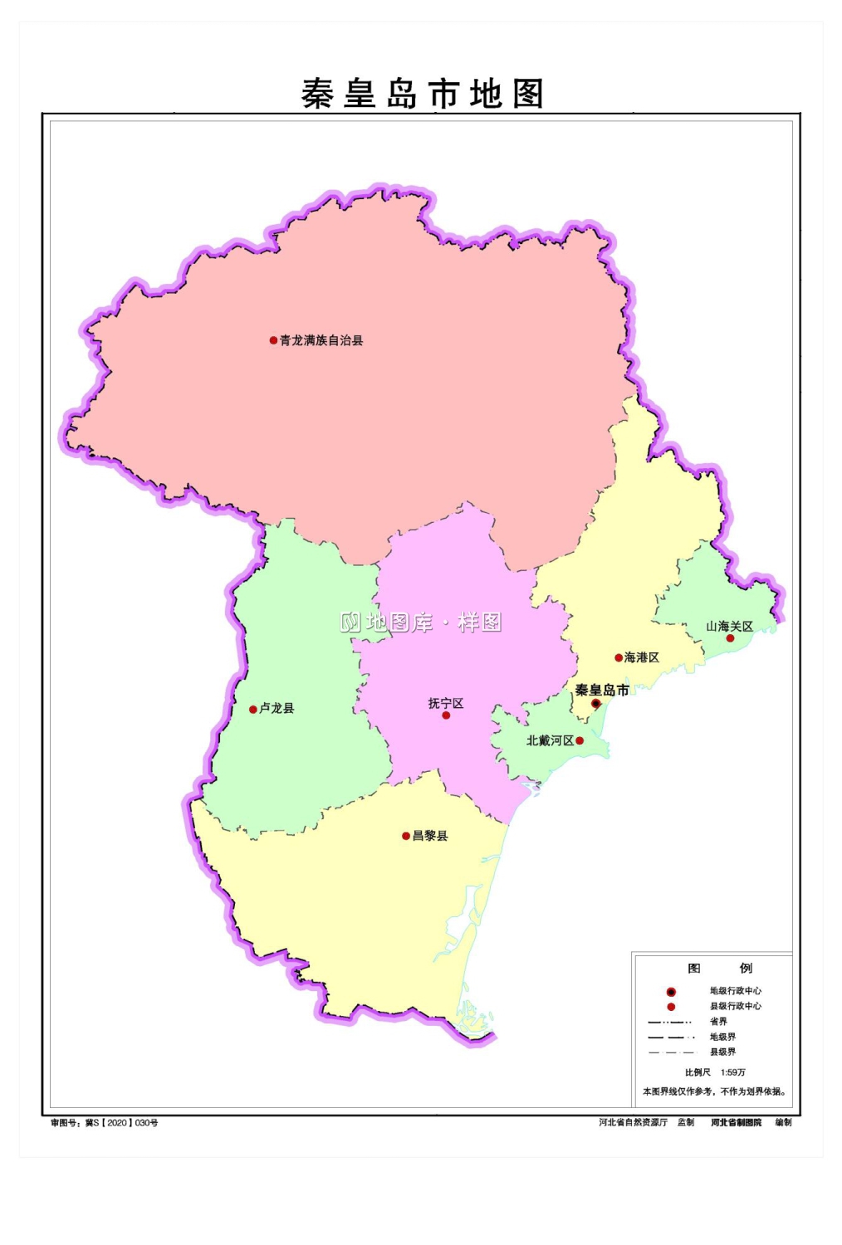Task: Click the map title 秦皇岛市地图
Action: coord(422,94)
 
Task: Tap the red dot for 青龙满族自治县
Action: coord(273,340)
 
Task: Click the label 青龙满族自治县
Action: coord(321,340)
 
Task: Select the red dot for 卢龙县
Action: coord(253,710)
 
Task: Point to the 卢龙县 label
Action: coord(277,708)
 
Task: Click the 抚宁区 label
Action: coord(446,703)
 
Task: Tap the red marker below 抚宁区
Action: coord(446,715)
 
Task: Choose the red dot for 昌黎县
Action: coord(406,837)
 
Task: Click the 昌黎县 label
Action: coord(430,836)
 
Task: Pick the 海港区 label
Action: coord(642,657)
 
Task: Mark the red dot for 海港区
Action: coord(619,658)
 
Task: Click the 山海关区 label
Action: coord(729,627)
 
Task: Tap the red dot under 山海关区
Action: coord(731,638)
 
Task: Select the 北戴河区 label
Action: coord(550,740)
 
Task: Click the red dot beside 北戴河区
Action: coord(580,740)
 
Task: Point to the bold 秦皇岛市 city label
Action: coord(602,690)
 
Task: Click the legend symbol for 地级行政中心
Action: coord(671,992)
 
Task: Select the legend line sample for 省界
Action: coord(669,1022)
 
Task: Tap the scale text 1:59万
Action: coord(733,1072)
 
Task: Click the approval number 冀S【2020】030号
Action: coord(121,1123)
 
